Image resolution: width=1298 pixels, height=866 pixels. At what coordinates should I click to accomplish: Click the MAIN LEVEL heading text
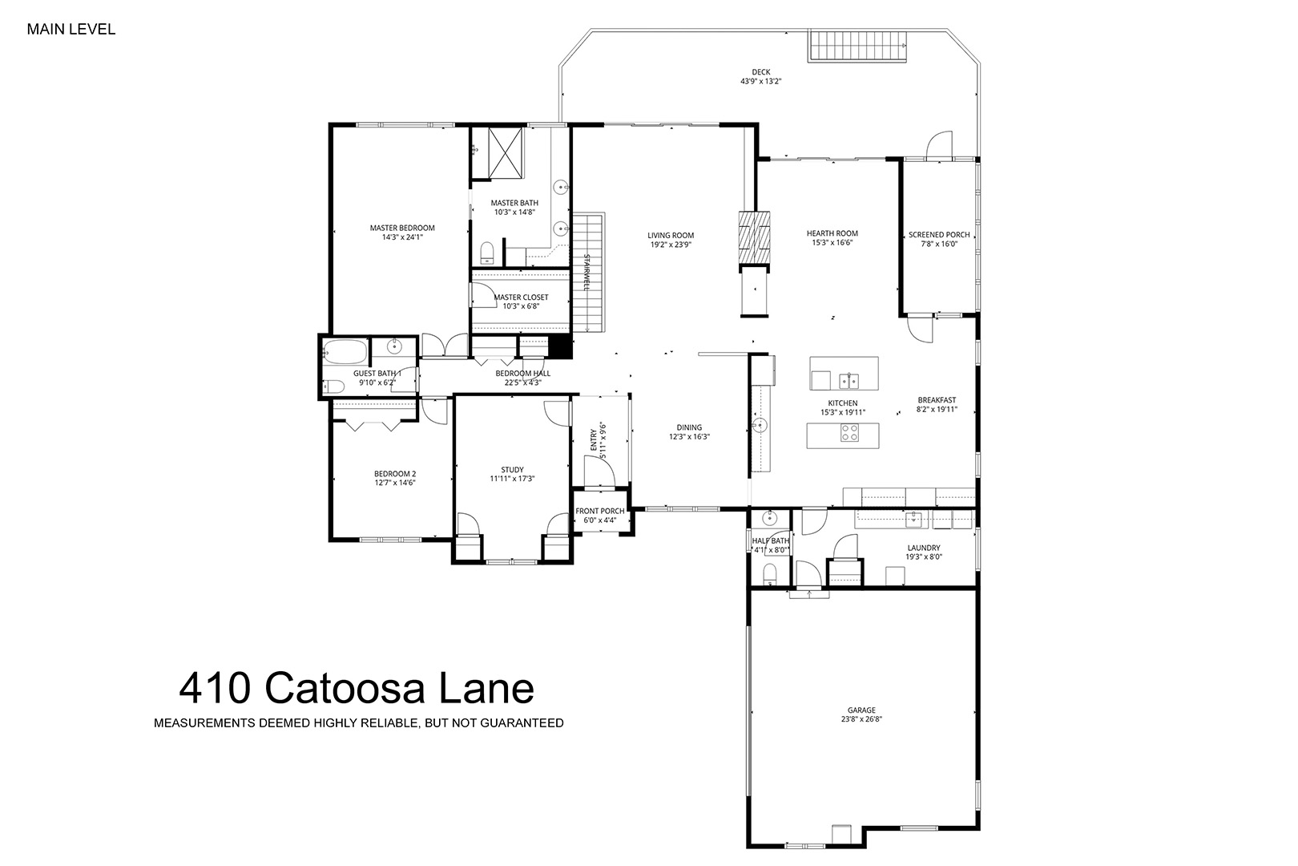[71, 29]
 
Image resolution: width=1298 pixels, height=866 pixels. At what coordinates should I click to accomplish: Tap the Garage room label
[861, 710]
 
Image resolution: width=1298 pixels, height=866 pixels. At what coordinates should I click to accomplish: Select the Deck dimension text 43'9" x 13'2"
[761, 82]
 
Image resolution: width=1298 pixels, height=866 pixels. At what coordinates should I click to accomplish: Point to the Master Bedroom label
[402, 228]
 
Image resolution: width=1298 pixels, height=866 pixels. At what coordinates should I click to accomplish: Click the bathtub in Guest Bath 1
[345, 351]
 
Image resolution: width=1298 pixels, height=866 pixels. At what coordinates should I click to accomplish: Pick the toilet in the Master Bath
[487, 253]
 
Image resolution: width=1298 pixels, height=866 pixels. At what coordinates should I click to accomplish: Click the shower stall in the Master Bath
[506, 153]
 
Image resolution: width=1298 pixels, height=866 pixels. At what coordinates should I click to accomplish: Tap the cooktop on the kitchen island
[849, 433]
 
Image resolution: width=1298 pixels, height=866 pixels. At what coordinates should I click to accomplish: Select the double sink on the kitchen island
[849, 381]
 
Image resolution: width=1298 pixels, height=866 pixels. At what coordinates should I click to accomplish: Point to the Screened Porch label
[939, 235]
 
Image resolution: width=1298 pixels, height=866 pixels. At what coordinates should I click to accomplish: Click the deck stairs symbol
[857, 46]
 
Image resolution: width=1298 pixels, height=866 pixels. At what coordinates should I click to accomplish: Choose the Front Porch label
[600, 511]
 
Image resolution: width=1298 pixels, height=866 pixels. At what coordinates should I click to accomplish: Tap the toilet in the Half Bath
[769, 575]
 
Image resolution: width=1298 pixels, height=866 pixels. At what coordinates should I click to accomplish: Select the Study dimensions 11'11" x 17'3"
[512, 479]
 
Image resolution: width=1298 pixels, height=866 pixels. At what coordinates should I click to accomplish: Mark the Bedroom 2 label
[395, 473]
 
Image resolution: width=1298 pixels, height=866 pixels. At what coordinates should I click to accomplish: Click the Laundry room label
[924, 548]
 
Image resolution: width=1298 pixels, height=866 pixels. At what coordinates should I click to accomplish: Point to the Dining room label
[689, 427]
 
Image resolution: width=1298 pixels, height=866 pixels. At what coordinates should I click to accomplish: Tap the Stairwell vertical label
[587, 272]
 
